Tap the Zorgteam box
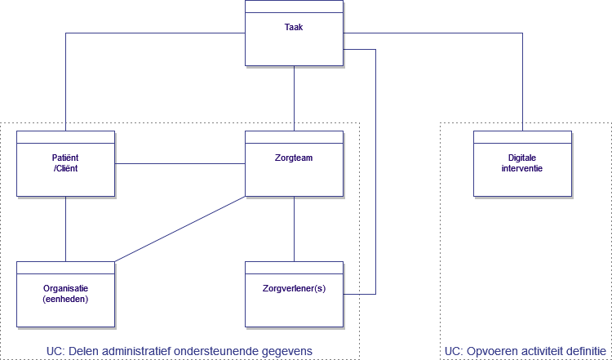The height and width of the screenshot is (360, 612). [x=294, y=176]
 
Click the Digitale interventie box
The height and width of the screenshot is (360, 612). [x=522, y=176]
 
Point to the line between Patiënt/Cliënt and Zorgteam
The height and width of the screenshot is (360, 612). [x=180, y=164]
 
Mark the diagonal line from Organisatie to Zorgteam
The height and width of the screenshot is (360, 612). [x=180, y=229]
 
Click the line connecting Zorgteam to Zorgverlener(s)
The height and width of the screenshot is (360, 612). [x=294, y=229]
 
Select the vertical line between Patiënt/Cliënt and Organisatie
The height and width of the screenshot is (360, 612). [x=65, y=229]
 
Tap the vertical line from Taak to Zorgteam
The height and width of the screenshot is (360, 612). [x=294, y=98]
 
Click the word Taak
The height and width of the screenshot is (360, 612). [x=294, y=26]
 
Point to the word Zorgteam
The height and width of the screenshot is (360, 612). [x=294, y=158]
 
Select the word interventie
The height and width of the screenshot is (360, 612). [x=522, y=167]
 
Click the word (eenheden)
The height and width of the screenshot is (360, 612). [x=65, y=299]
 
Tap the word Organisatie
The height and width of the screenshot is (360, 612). [x=65, y=288]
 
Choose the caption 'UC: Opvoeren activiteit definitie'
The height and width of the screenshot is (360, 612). [x=525, y=351]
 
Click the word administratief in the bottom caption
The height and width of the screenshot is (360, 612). [x=140, y=351]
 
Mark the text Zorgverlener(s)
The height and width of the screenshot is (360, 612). [x=294, y=288]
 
